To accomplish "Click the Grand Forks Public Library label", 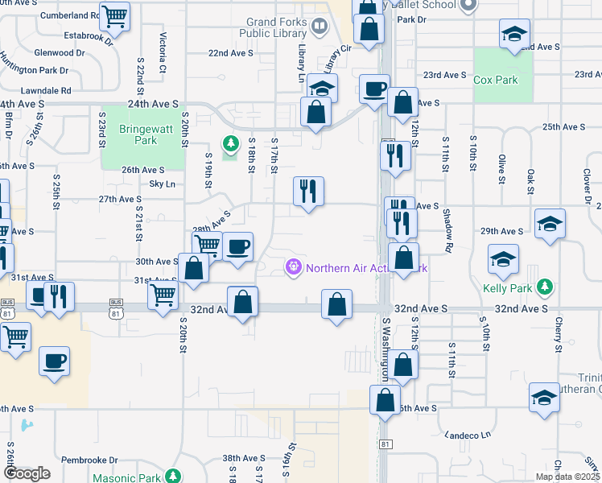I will click(x=277, y=28).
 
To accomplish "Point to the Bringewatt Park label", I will click(x=138, y=134).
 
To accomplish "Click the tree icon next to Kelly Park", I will click(x=545, y=287).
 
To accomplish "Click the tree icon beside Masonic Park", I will click(x=171, y=477).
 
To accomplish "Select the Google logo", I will click(x=27, y=473).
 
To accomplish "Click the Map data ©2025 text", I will click(x=568, y=477).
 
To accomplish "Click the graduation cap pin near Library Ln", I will click(x=322, y=88).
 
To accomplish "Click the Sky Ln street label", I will click(x=163, y=184).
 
